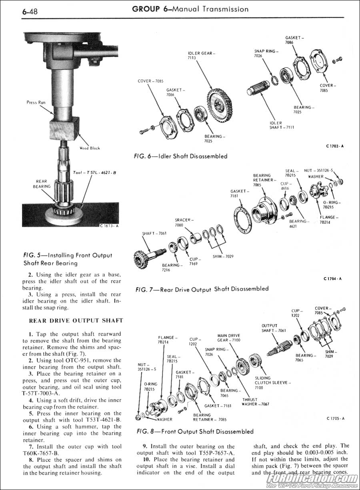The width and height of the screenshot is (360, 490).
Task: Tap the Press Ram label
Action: point(36,102)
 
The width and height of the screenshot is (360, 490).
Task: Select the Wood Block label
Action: point(90,148)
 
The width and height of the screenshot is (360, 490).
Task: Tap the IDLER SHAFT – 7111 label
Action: point(282,125)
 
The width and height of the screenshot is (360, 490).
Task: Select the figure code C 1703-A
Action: point(334,146)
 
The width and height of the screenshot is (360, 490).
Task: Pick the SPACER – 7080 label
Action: point(184,223)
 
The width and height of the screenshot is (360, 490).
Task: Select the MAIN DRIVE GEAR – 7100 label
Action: point(229,338)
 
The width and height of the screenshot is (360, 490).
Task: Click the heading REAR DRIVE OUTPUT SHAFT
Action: point(76,321)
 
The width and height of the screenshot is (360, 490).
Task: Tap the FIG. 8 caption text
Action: point(195,431)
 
